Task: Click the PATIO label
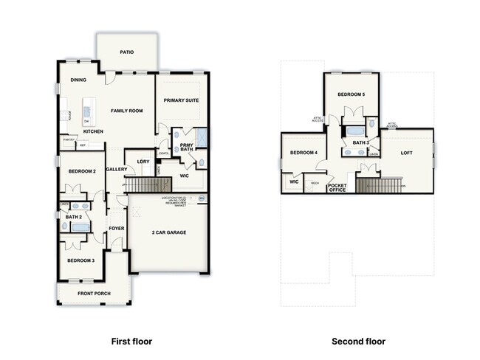[127, 52]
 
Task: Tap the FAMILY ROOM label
[126, 111]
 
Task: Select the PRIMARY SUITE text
[182, 100]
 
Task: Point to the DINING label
[79, 80]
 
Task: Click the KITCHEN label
[93, 131]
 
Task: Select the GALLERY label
[116, 169]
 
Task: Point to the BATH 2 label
[73, 217]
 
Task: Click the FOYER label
[117, 228]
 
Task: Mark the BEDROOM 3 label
[81, 260]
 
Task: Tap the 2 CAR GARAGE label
[169, 232]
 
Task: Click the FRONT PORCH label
[94, 294]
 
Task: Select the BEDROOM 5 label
[351, 94]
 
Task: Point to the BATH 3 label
[360, 142]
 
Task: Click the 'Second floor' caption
[358, 342]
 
